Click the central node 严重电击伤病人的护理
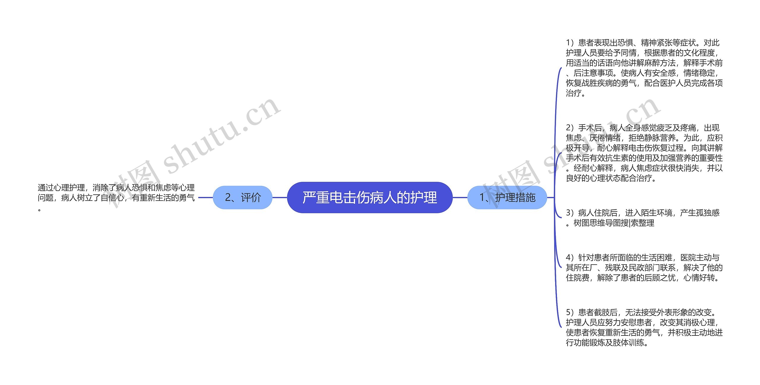coord(370,198)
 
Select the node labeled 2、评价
coord(243,198)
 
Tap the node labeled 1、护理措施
coord(507,198)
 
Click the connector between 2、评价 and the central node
coord(280,198)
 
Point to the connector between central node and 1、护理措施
coord(460,198)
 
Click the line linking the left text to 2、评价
coord(205,198)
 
